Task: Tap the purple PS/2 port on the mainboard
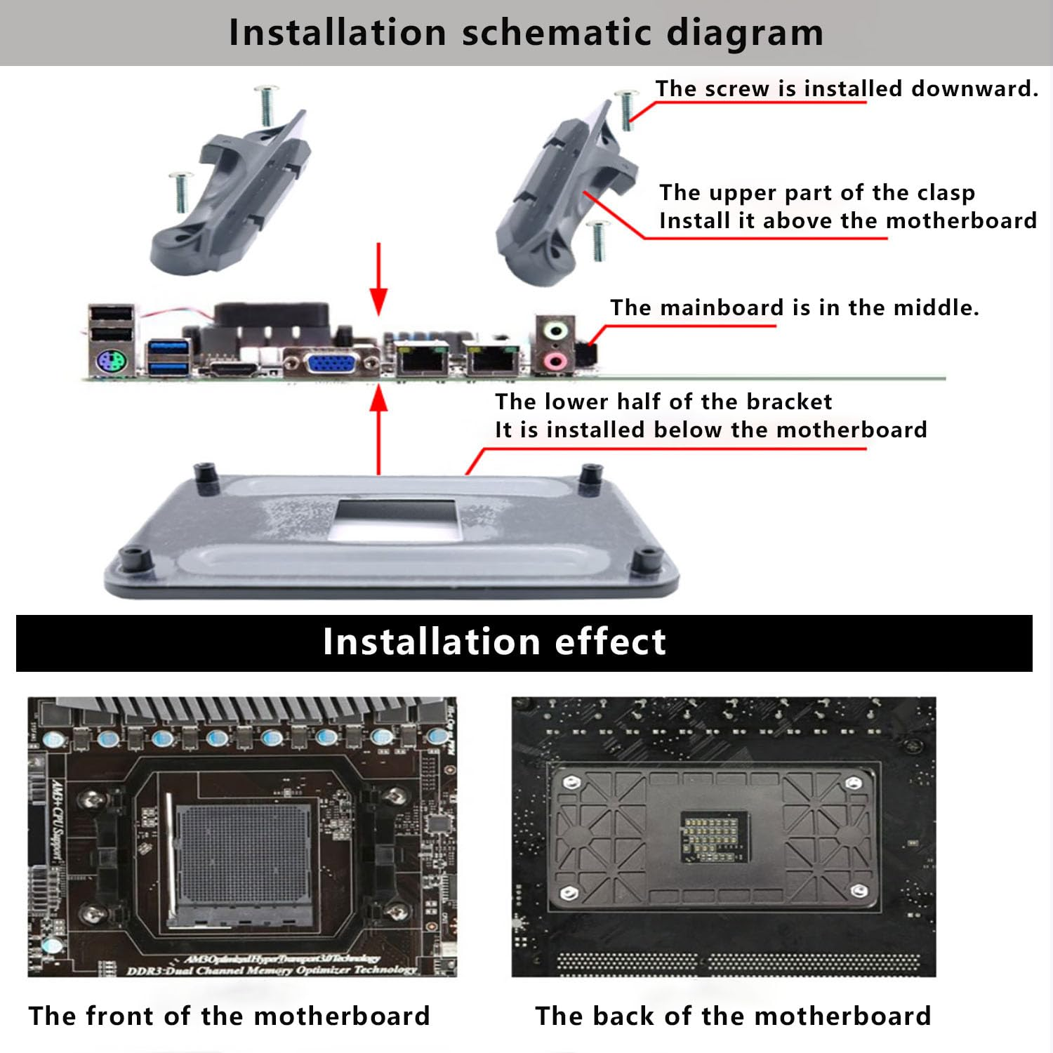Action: coord(111,363)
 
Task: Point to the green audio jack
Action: coord(556,330)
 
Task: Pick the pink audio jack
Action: coord(556,361)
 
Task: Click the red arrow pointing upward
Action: coord(379,428)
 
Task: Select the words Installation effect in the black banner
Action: coord(494,642)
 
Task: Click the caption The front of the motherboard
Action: coord(229,1016)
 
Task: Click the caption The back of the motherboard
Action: coord(733,1016)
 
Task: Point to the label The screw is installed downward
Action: coord(846,88)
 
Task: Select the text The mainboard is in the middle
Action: coord(794,307)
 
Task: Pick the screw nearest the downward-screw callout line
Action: coord(626,109)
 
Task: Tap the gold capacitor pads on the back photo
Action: coord(711,837)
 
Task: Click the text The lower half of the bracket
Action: coord(663,402)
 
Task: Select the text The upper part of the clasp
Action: coord(817,192)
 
